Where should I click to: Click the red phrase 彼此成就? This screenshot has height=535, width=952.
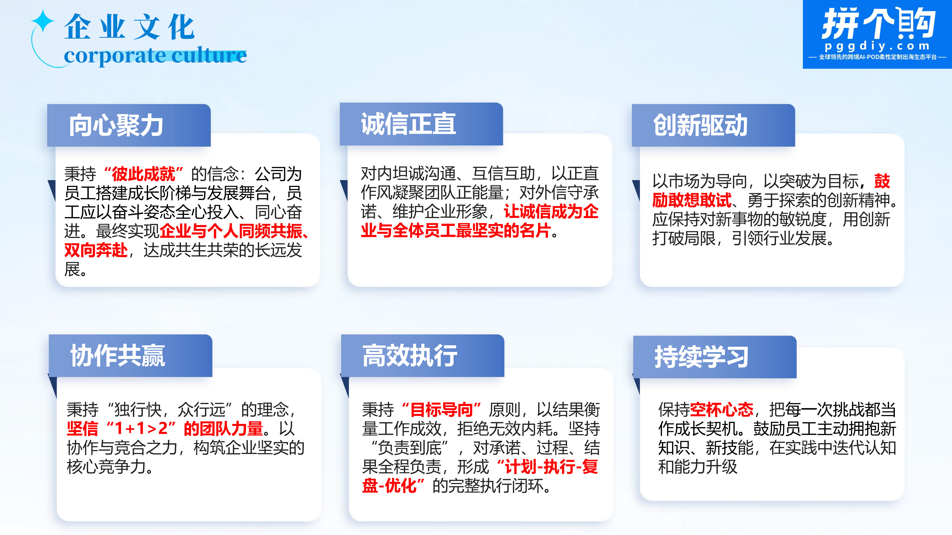(x=143, y=174)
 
